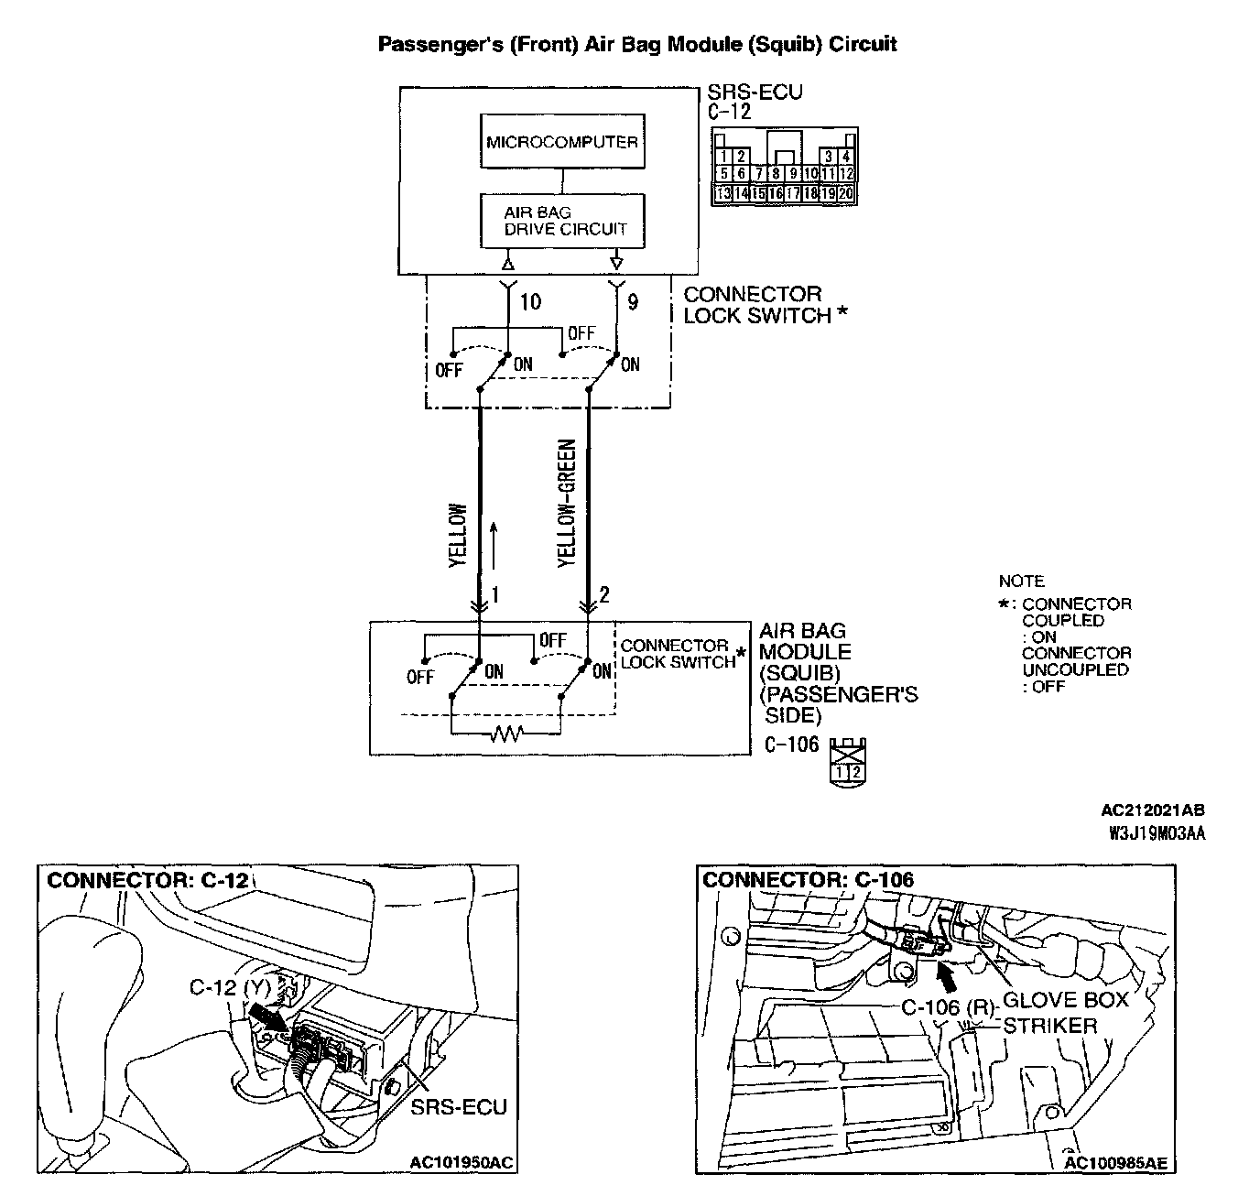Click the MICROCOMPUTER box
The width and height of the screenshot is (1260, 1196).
tap(561, 142)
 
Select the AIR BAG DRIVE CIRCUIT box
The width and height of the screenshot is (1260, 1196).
tap(561, 221)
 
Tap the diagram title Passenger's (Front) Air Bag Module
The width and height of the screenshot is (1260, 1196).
tap(637, 44)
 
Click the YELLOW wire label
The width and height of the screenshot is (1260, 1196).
tap(458, 536)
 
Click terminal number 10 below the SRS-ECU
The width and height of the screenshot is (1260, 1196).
tap(530, 301)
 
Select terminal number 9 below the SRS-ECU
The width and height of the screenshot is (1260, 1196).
tap(635, 301)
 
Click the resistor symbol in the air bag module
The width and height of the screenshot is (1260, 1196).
tap(505, 734)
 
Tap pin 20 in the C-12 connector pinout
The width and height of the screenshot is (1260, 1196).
tap(847, 193)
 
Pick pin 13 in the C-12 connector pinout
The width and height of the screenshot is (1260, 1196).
tap(722, 193)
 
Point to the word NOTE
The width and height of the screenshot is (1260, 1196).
tap(1021, 582)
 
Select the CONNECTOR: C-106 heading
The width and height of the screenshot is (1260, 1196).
tap(808, 880)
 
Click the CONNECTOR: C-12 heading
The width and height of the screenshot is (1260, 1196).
tap(147, 880)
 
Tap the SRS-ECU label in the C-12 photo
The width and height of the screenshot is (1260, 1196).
tap(458, 1107)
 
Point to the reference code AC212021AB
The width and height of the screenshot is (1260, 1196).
tap(1153, 810)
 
